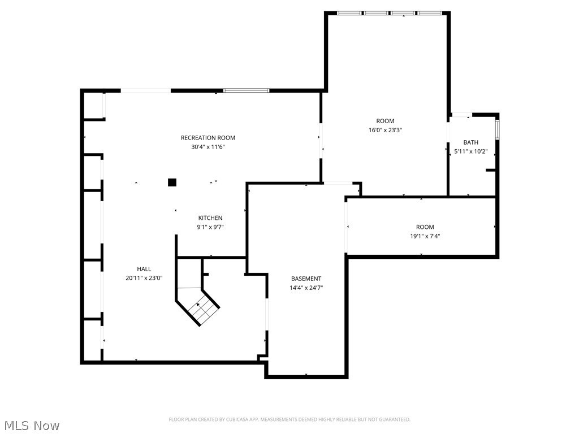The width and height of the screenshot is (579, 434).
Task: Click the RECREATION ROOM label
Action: click(x=208, y=138)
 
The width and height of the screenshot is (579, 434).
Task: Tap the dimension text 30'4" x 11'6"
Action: click(x=208, y=147)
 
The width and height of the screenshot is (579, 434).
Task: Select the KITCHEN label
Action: click(x=210, y=218)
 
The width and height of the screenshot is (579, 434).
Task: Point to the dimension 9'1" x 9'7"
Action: click(x=210, y=227)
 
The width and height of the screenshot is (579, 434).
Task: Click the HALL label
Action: click(x=144, y=269)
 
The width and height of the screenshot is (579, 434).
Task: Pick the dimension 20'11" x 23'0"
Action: click(x=144, y=278)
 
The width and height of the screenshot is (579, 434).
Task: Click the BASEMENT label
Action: click(x=306, y=279)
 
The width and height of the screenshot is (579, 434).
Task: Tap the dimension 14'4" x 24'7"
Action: click(x=306, y=288)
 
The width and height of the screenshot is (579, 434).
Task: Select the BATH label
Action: click(x=470, y=142)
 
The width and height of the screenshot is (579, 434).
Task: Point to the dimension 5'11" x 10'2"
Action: click(x=470, y=151)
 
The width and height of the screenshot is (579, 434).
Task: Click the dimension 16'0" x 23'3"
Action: click(x=385, y=130)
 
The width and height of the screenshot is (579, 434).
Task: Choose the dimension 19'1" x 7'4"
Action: click(x=425, y=236)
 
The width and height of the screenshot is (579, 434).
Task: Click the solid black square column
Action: click(x=172, y=182)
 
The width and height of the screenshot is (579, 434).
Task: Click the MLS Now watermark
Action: click(x=31, y=425)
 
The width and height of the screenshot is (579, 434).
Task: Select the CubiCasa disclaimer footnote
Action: click(x=289, y=419)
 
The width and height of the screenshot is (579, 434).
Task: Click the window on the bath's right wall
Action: click(x=498, y=127)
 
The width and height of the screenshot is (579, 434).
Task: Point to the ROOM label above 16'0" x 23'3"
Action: click(x=385, y=121)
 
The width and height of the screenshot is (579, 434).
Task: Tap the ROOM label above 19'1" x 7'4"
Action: click(x=425, y=227)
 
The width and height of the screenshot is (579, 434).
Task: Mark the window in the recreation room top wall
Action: click(x=246, y=90)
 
